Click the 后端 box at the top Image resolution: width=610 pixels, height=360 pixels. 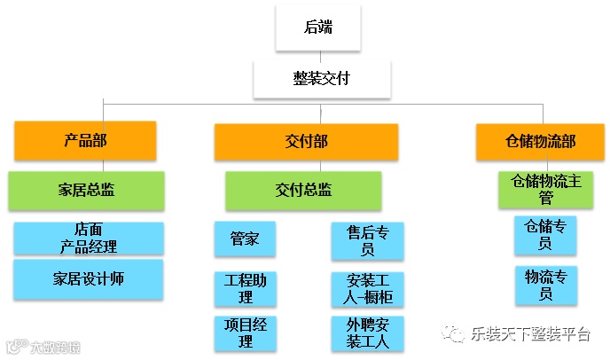coord(318,27)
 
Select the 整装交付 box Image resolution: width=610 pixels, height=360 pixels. coord(320,79)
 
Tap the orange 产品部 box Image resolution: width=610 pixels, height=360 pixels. coord(85,140)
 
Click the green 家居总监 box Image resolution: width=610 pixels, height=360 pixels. coord(86,189)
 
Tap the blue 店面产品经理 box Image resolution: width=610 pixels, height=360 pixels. coord(89,239)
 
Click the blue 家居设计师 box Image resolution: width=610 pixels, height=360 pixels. coord(89,279)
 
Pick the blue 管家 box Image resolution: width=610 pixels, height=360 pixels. coord(245,239)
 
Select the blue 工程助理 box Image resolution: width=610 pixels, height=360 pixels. coord(245,288)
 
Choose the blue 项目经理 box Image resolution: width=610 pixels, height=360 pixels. coord(245,333)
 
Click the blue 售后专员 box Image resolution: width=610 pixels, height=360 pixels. coord(367,240)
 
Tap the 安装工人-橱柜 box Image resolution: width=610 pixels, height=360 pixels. coord(367,288)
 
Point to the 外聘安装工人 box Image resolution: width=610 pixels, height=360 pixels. coord(367,333)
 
